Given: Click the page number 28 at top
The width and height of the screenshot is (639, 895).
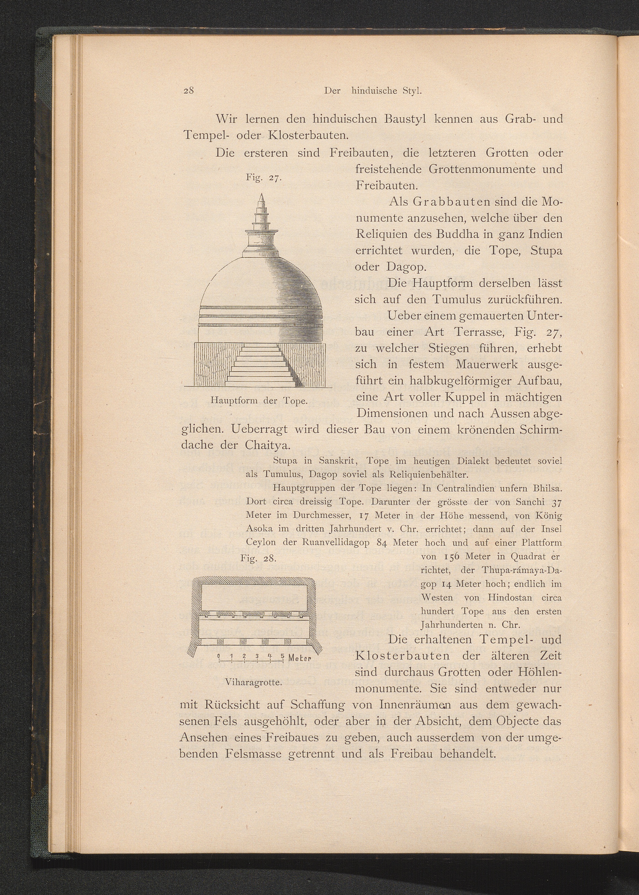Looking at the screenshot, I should click(189, 91).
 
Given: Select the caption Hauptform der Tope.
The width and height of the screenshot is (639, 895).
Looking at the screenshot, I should click(259, 401).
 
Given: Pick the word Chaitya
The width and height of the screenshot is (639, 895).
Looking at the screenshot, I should click(267, 445).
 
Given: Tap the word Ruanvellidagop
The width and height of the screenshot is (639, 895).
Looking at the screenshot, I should click(336, 542).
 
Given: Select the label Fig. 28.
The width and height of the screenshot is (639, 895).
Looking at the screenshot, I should click(259, 558).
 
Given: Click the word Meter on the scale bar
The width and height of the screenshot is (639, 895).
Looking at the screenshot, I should click(299, 658).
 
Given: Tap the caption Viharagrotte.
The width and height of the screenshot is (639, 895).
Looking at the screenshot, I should click(254, 682).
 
